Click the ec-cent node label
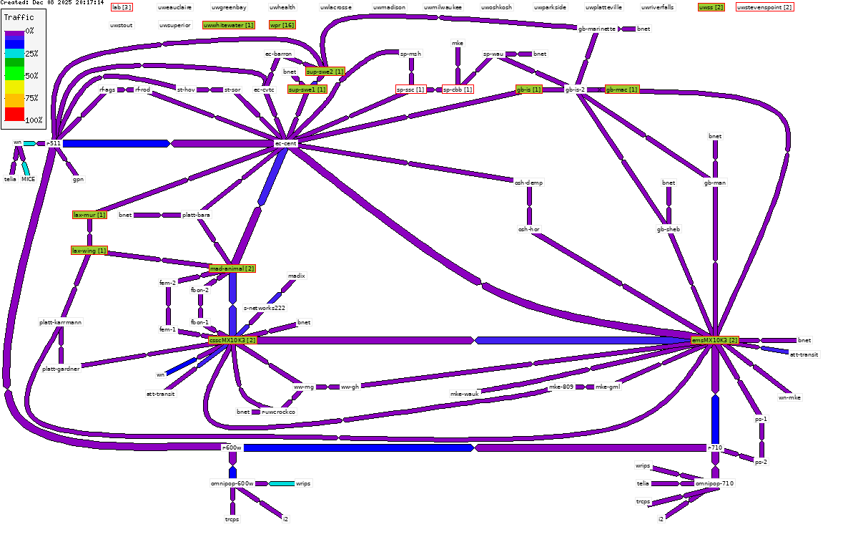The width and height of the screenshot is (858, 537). click(285, 143)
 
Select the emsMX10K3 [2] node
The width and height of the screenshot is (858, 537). click(714, 340)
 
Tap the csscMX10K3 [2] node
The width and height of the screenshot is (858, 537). click(232, 340)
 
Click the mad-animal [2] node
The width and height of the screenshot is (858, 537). click(232, 268)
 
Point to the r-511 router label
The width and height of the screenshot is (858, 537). click(54, 143)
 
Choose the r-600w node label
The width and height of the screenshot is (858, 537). click(232, 447)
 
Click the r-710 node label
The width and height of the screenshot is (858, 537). click(715, 447)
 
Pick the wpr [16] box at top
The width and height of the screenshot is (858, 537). click(282, 25)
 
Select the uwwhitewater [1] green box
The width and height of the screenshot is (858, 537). click(229, 25)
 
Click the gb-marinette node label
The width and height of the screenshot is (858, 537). click(597, 29)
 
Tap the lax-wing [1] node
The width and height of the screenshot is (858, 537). click(89, 251)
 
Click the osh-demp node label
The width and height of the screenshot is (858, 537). click(529, 183)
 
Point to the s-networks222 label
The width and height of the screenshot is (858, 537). click(265, 308)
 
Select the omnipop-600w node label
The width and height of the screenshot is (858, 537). click(232, 483)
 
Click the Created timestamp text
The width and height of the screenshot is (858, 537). click(52, 3)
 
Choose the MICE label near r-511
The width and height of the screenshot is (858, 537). click(28, 179)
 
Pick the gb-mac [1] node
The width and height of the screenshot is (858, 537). click(621, 89)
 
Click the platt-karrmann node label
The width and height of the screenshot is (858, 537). click(61, 322)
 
